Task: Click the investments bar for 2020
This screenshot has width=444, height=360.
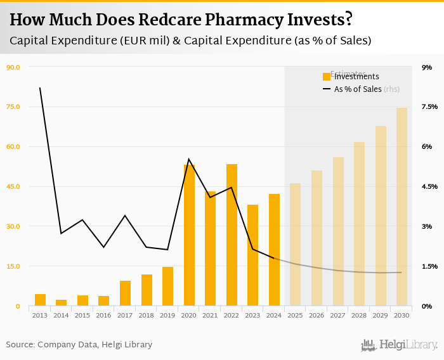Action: click(x=189, y=235)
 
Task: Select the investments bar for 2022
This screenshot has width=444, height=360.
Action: click(x=232, y=235)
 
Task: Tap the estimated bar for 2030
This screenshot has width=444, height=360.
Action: click(x=402, y=207)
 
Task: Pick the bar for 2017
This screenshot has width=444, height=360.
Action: click(x=125, y=293)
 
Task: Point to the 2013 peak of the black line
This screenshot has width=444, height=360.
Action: click(x=40, y=87)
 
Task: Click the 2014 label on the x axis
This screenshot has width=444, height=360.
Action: click(x=61, y=315)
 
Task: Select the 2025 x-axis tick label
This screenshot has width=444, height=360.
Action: click(x=295, y=315)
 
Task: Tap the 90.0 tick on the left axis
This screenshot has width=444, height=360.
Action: click(x=13, y=67)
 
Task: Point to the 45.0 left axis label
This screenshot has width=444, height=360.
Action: click(x=13, y=186)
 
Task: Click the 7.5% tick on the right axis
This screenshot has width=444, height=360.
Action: click(x=429, y=106)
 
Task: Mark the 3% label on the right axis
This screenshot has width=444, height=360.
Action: click(x=427, y=226)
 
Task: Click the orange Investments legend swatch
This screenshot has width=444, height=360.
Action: click(x=327, y=77)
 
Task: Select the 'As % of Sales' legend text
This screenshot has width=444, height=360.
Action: click(x=358, y=89)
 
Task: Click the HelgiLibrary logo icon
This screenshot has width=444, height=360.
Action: click(x=369, y=345)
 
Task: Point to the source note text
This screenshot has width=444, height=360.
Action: click(x=79, y=345)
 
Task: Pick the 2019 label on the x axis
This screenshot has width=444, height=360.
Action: click(x=167, y=315)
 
